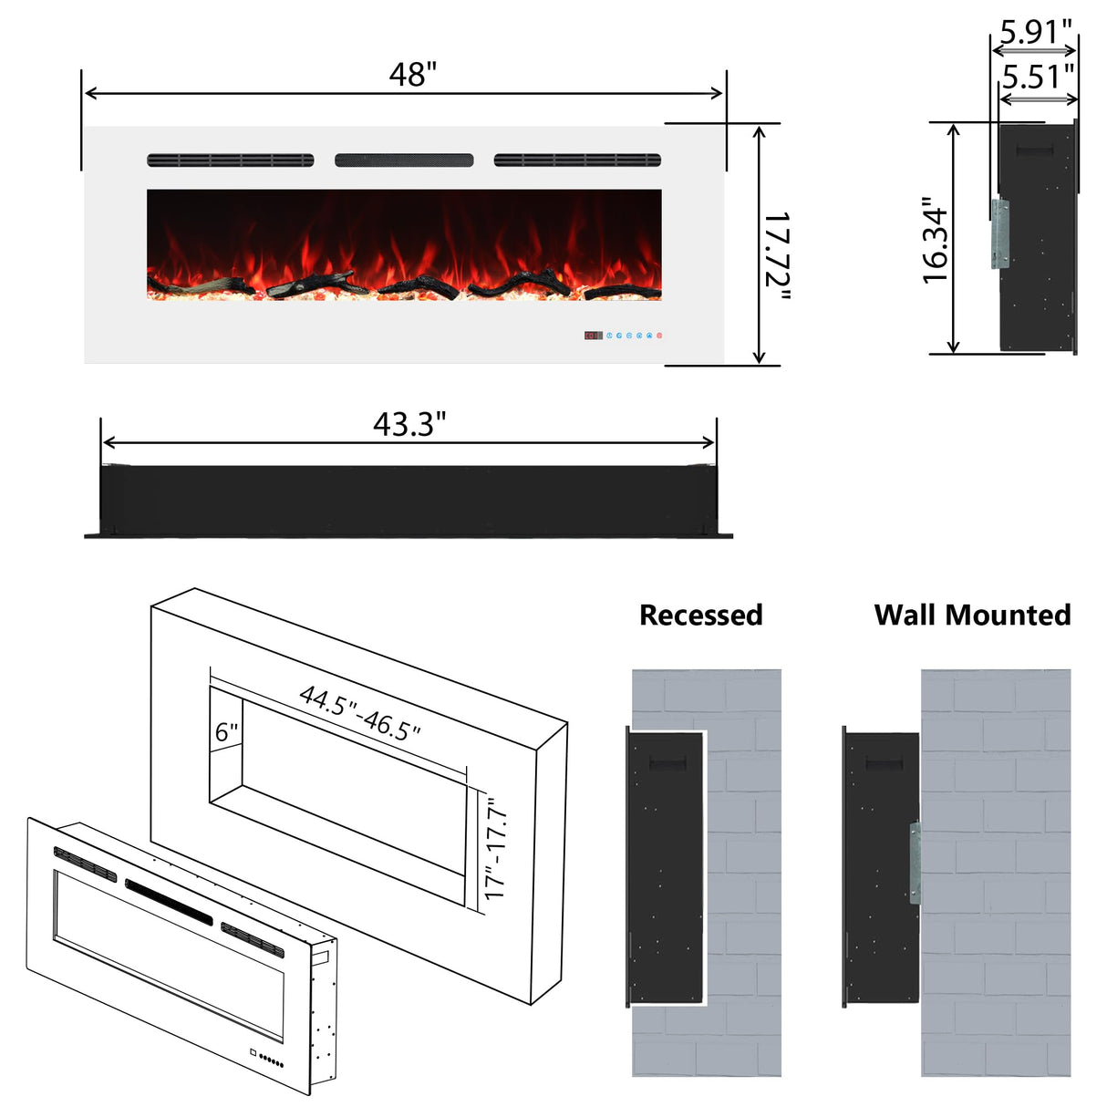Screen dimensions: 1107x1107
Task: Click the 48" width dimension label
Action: click(x=412, y=74)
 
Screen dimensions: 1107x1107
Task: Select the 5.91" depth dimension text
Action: click(x=1036, y=32)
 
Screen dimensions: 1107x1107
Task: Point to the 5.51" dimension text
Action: click(x=1038, y=77)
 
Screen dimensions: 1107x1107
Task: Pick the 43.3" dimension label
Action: click(x=409, y=424)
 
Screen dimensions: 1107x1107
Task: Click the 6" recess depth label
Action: click(x=227, y=732)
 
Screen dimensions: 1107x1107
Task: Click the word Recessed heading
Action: click(x=700, y=615)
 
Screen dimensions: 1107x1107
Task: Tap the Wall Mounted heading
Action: click(x=972, y=615)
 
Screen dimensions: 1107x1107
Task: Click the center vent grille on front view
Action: click(x=404, y=160)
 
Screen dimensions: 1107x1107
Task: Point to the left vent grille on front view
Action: click(x=230, y=160)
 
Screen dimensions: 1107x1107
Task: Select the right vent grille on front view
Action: click(x=577, y=160)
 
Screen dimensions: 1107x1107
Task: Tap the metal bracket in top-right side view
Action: click(x=1000, y=233)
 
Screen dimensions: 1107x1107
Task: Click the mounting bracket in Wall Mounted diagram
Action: click(x=915, y=863)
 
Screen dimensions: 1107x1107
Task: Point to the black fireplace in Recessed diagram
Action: click(x=666, y=866)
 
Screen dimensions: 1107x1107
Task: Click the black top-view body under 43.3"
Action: click(x=408, y=500)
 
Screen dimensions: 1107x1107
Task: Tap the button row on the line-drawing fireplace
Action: click(x=270, y=1060)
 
